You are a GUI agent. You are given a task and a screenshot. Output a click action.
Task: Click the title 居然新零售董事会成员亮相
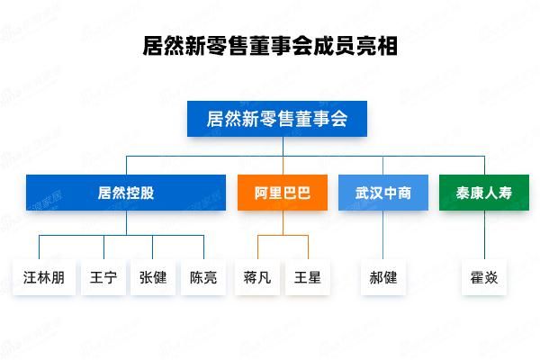coord(270,46)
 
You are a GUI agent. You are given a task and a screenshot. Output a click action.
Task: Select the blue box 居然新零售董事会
coord(277,118)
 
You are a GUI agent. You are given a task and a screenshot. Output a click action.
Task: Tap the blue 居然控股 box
coord(126,193)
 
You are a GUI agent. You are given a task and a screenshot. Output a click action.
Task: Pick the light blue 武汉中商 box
coord(383,193)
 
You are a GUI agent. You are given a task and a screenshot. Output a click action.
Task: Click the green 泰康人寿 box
coord(483,193)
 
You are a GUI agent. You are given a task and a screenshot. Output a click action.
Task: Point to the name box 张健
coord(152,277)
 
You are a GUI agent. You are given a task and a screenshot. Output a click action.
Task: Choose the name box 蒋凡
coord(258,277)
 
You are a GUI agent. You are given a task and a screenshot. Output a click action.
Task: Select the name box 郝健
coord(383,277)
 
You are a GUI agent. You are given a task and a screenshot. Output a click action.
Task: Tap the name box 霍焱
coord(484,277)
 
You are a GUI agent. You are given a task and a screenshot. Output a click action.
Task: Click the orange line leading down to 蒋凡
coord(258,247)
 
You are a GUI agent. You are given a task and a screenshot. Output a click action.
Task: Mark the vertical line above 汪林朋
coord(39,247)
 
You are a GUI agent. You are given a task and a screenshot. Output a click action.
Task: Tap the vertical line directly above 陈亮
coord(203,247)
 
